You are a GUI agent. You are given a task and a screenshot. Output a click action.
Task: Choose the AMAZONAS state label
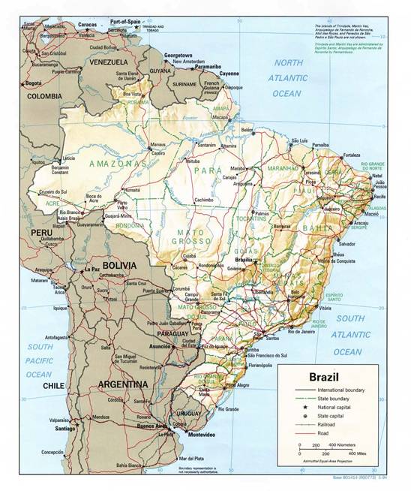coord(118,162)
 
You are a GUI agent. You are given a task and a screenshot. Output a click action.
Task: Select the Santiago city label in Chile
coord(61,427)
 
